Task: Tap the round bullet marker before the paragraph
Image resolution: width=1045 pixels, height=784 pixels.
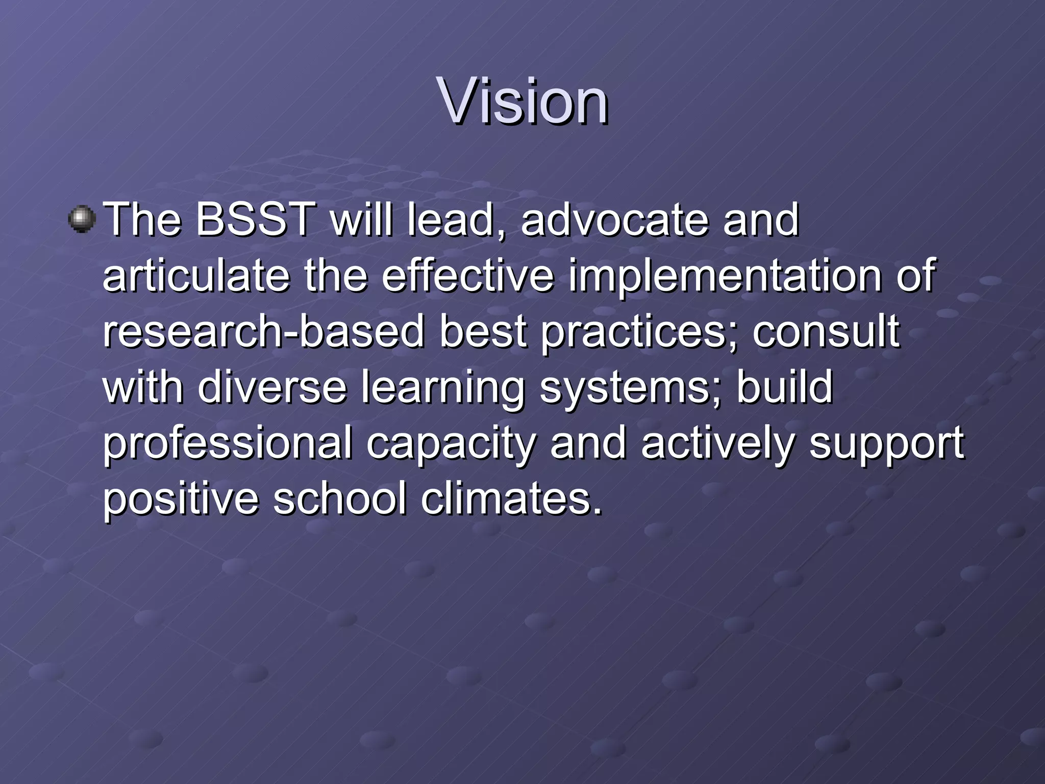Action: (82, 219)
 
